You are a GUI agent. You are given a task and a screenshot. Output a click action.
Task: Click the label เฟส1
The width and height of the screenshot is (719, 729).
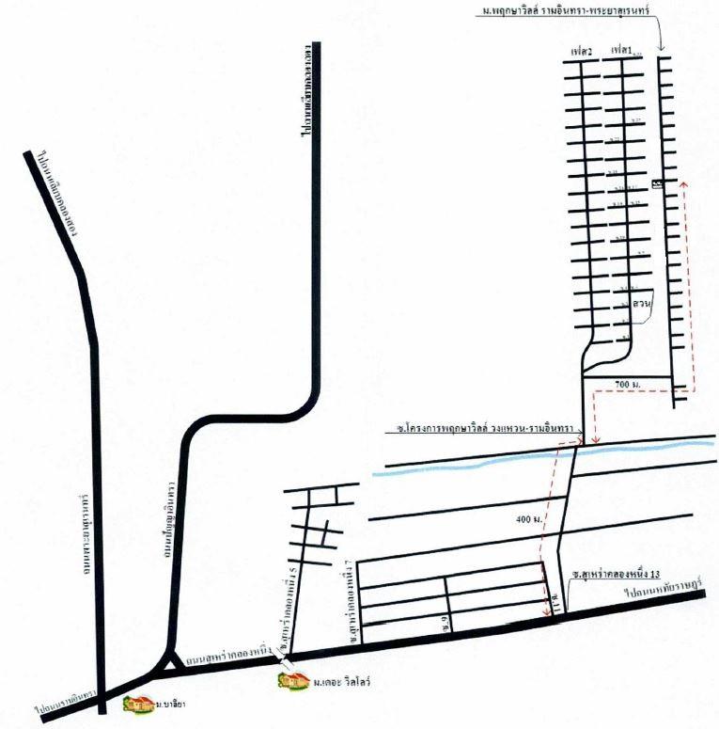[621, 48]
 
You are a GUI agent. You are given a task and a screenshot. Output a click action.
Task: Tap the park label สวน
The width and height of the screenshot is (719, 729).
[644, 306]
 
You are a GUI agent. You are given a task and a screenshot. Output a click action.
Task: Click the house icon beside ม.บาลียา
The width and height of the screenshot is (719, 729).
[143, 702]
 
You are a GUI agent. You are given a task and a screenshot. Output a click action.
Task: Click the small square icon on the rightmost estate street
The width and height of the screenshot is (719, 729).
[656, 182]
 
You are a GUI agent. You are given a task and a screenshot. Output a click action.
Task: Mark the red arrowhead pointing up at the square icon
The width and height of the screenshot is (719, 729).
[683, 184]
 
